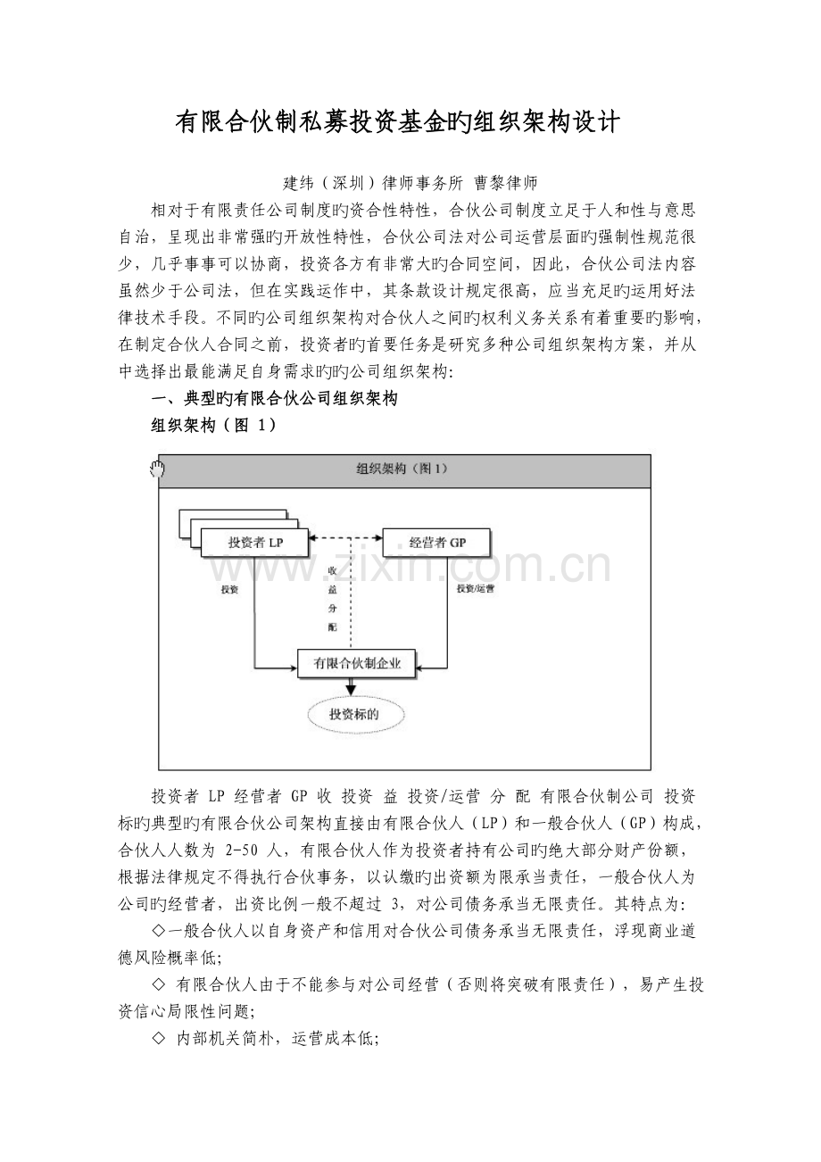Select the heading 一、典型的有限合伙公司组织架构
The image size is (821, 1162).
(x=275, y=399)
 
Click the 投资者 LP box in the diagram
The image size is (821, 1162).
(x=254, y=542)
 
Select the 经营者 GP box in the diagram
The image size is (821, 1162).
(x=437, y=542)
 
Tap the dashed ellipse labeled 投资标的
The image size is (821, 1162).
(x=356, y=714)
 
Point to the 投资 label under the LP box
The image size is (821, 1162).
(x=230, y=590)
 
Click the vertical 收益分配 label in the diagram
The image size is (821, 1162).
(x=332, y=598)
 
